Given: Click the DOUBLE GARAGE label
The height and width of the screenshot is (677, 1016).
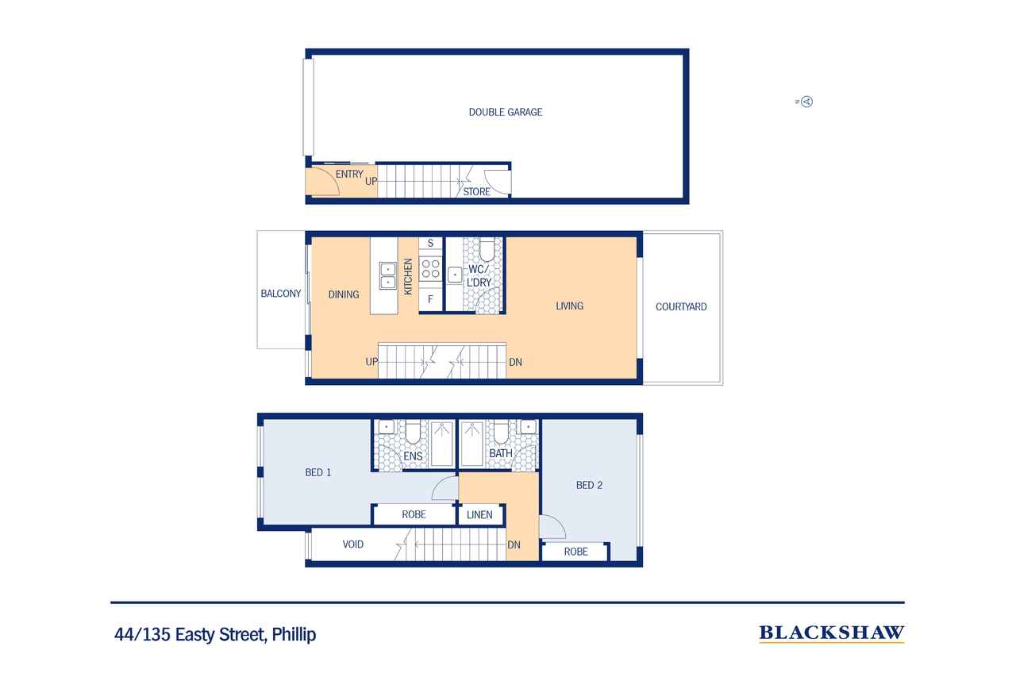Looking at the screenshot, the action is click(506, 112).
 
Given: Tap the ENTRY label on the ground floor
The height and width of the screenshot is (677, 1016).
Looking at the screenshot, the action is click(349, 174).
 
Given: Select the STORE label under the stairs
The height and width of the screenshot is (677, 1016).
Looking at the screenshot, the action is click(476, 192).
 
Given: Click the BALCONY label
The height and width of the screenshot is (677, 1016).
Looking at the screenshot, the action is click(281, 294).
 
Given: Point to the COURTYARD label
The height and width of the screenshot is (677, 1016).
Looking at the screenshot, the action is click(681, 307).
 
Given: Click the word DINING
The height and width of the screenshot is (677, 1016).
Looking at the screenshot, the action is click(344, 294).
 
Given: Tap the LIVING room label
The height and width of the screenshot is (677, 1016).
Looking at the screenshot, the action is click(569, 306).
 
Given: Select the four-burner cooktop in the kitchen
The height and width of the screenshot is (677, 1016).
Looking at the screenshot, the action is click(430, 268).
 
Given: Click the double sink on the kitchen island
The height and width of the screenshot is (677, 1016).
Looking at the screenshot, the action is click(388, 275).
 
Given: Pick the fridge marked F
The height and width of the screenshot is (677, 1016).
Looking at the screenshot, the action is click(430, 299).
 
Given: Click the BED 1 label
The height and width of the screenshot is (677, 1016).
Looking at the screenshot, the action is click(318, 472).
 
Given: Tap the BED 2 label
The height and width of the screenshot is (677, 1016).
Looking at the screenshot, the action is click(589, 485).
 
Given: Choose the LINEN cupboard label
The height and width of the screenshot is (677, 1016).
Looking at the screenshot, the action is click(479, 514).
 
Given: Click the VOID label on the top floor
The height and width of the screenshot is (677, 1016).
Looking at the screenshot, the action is click(353, 544).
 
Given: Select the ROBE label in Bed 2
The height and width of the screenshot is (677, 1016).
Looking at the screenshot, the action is click(575, 552).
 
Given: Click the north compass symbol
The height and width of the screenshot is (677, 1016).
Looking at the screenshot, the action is click(806, 102).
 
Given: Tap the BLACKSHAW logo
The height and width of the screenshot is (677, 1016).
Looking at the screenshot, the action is click(831, 633).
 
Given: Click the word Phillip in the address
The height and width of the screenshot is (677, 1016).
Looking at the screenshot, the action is click(294, 635).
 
